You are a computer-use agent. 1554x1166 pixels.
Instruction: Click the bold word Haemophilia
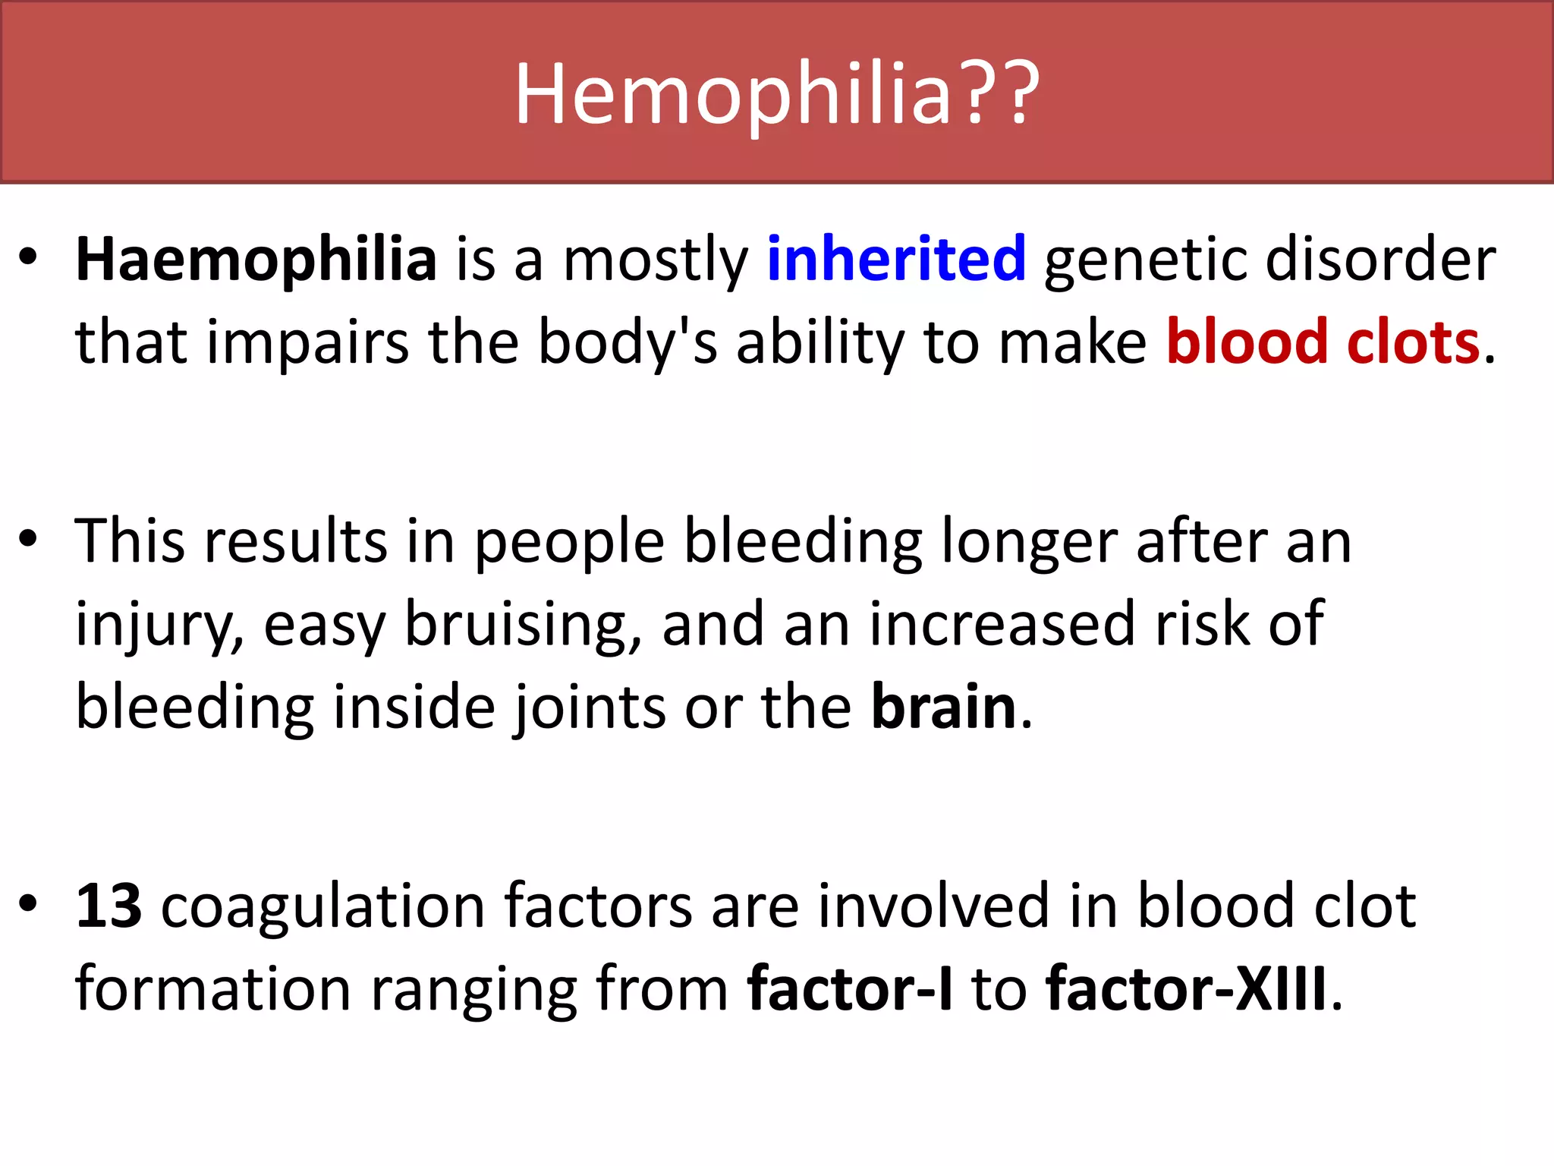(256, 259)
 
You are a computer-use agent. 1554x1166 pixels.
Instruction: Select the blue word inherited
(896, 259)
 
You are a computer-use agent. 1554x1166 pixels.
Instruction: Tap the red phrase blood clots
(1323, 342)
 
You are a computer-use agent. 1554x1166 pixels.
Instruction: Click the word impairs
(307, 342)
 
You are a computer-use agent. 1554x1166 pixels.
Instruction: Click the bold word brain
(943, 707)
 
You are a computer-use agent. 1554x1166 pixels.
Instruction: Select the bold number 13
(109, 906)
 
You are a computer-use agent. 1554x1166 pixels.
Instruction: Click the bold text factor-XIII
(1186, 989)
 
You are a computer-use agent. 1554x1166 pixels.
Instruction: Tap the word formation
(212, 989)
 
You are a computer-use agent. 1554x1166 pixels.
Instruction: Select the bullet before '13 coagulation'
(28, 904)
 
